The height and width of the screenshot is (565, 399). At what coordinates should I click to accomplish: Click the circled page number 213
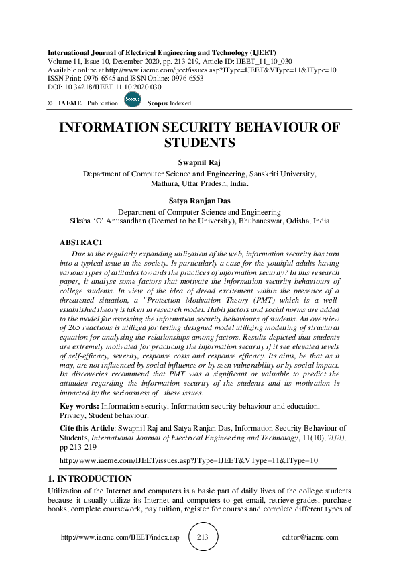click(x=204, y=537)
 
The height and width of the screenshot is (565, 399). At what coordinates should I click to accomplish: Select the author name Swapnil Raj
click(x=199, y=162)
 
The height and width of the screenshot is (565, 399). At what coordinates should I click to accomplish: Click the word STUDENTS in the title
click(x=199, y=143)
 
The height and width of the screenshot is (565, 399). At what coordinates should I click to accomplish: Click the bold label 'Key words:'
click(x=75, y=407)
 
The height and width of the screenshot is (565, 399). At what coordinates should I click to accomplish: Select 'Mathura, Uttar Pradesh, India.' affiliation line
click(x=199, y=183)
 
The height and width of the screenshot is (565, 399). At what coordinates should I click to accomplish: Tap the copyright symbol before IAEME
click(x=50, y=103)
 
